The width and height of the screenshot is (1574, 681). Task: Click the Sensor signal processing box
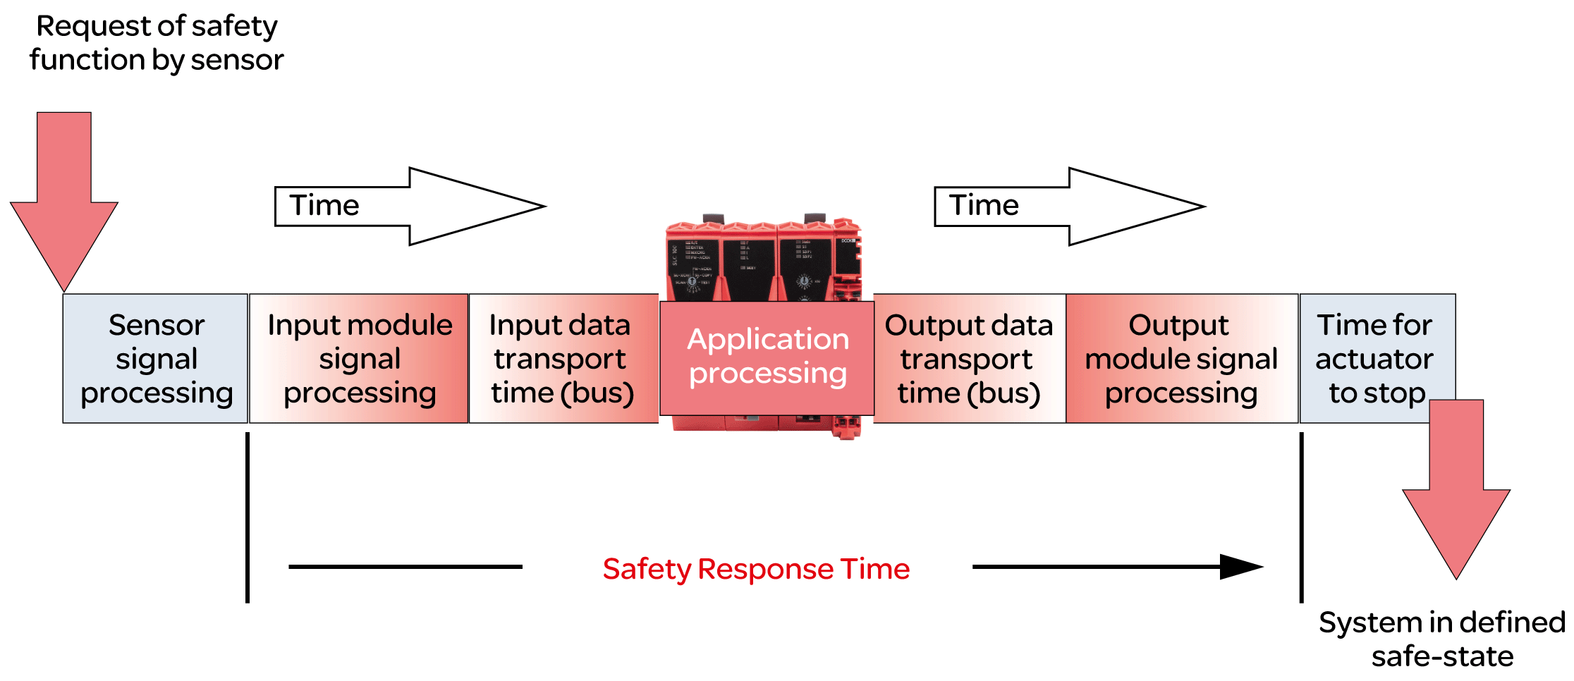[155, 358]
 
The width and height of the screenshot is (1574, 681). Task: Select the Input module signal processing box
[359, 358]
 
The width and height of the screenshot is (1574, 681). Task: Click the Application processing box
[767, 357]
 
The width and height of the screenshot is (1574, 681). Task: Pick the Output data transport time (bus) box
[969, 358]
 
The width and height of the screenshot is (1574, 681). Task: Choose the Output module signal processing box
[1181, 358]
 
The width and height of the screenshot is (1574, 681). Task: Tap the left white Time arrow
[409, 207]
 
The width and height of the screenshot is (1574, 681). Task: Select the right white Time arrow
[1069, 207]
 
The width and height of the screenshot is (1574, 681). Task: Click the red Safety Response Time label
[756, 569]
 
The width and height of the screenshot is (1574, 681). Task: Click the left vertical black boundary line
[248, 518]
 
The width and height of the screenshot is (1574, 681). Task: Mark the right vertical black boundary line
[1301, 518]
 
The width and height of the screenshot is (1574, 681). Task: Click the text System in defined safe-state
[1442, 639]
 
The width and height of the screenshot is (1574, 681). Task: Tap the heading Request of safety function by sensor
[157, 43]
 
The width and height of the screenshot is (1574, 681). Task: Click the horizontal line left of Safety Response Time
[405, 567]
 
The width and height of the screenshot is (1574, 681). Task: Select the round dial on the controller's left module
[692, 281]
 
